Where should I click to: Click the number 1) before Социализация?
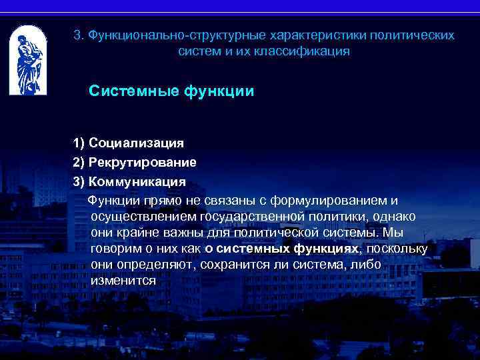click(x=79, y=143)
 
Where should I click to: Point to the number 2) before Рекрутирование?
click(x=79, y=162)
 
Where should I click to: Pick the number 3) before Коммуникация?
click(x=79, y=181)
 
